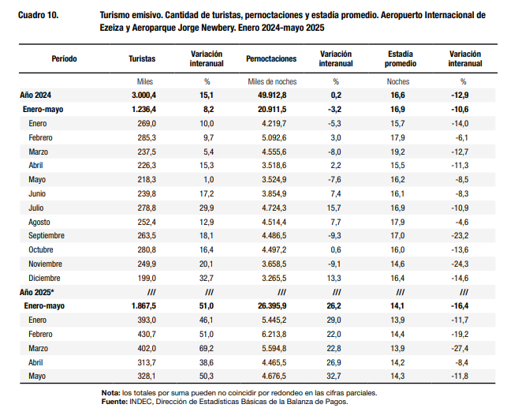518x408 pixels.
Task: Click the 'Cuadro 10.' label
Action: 39,15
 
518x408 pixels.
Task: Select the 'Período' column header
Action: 64,59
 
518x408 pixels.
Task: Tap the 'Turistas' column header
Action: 142,59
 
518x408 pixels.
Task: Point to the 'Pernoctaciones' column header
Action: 271,59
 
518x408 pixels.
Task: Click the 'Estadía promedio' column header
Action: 400,59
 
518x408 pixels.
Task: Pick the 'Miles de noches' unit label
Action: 272,81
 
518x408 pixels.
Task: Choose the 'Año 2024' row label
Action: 35,95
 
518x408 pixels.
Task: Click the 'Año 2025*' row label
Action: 36,292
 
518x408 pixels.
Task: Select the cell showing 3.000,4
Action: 143,95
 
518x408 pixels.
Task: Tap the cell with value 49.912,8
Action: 272,95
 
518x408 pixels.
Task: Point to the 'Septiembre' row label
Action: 47,236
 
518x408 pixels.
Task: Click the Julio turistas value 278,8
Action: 147,208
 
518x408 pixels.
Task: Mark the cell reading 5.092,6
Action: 274,137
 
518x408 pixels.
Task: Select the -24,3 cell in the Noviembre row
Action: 460,264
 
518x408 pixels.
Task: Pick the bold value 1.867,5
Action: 143,306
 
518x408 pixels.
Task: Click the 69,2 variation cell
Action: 207,349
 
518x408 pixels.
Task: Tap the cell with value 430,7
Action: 147,335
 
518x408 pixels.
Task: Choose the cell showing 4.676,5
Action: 274,376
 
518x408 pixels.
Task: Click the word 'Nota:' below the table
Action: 111,393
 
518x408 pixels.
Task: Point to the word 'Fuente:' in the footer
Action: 114,402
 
